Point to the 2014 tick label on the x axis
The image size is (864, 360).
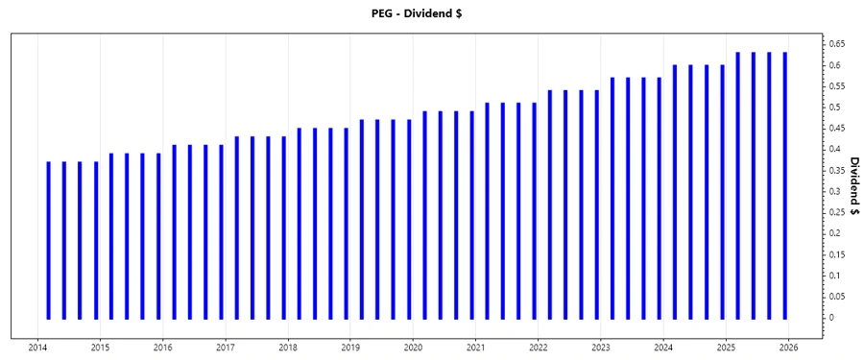(38, 348)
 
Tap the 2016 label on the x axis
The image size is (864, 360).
(163, 348)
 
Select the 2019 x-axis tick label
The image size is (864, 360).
(350, 348)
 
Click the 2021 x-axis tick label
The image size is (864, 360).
(475, 348)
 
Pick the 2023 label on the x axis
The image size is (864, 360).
(600, 348)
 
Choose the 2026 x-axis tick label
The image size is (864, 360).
(788, 348)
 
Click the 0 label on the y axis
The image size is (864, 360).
(834, 318)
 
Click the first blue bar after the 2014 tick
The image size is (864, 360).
(49, 240)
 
